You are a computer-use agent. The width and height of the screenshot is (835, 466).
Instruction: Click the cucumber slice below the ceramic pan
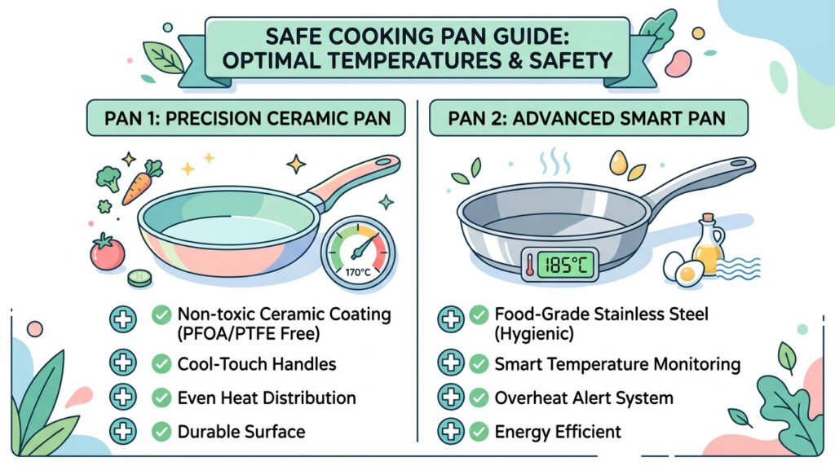coord(139,278)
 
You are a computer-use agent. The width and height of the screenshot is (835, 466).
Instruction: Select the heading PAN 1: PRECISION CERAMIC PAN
coord(248,119)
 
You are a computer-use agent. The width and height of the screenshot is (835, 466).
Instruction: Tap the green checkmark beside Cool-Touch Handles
coord(162,363)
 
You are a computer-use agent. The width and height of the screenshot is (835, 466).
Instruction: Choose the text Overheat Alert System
coord(584,398)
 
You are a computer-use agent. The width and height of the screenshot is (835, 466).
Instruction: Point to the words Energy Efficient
coord(558,431)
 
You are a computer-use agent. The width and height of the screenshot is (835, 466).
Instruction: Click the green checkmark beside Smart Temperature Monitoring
coord(479,363)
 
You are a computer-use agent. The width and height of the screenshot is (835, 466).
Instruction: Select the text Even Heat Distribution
coord(267,398)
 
